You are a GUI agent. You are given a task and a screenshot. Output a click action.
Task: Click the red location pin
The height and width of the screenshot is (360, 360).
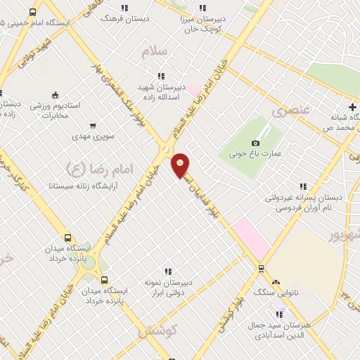(181, 165)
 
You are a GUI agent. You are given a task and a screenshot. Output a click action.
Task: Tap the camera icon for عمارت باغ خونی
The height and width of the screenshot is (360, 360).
(255, 143)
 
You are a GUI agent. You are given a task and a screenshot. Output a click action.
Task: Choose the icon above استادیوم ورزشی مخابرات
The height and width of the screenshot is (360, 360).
(56, 95)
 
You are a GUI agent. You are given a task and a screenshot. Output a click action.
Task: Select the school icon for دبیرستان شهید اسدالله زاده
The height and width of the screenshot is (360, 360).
(161, 76)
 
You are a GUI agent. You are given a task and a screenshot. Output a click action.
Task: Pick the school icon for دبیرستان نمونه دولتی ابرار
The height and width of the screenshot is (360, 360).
(167, 271)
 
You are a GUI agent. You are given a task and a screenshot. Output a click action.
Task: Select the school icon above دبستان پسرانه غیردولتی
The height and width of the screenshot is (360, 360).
(303, 187)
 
